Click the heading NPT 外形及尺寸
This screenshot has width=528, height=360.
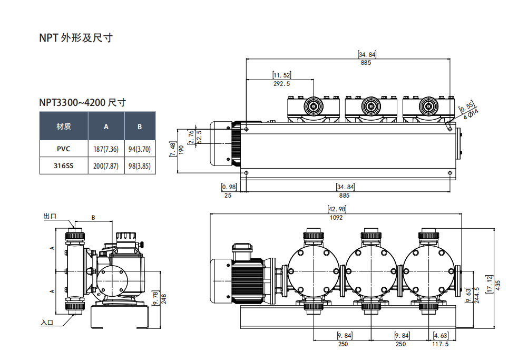[76, 38]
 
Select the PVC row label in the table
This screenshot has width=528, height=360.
[64, 149]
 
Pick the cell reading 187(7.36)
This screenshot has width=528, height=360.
[106, 149]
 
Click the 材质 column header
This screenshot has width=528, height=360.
[64, 127]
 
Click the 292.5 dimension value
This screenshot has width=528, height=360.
[282, 83]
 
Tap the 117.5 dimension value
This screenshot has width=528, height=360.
[440, 344]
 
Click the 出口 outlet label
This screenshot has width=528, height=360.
[50, 216]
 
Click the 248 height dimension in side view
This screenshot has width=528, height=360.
[163, 299]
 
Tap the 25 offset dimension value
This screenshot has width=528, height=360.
[228, 195]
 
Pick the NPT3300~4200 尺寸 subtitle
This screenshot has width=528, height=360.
[82, 102]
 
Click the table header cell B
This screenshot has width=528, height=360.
[140, 127]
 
